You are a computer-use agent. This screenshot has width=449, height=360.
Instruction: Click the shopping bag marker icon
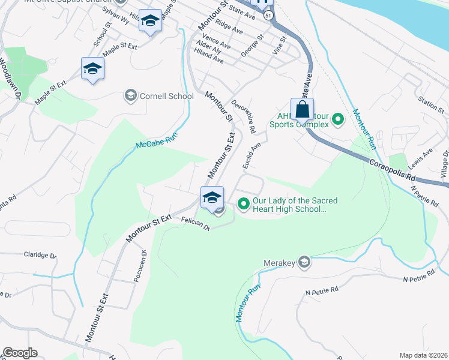[302, 110]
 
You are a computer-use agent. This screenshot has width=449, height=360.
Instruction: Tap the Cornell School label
[166, 96]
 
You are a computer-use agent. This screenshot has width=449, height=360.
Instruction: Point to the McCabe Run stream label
[158, 142]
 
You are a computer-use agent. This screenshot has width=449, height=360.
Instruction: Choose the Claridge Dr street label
[39, 255]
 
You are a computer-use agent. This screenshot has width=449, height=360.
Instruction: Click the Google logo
[20, 353]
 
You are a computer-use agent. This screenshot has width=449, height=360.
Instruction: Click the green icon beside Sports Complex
[337, 119]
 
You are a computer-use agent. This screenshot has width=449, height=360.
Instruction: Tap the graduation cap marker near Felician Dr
[212, 197]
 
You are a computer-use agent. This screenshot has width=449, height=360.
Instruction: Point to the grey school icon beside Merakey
[304, 262]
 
